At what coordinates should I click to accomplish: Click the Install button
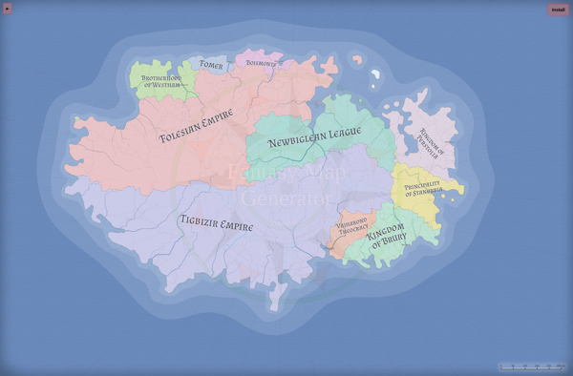559,10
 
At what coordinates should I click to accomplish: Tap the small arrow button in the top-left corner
9,9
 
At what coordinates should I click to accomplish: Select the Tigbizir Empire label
217,223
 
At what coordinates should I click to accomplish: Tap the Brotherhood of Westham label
161,81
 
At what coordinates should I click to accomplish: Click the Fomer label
211,66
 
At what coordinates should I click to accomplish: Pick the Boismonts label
261,64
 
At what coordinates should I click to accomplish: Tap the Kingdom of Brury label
387,235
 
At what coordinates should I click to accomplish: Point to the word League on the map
339,136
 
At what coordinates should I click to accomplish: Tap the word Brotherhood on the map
161,77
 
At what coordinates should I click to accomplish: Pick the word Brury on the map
392,241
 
